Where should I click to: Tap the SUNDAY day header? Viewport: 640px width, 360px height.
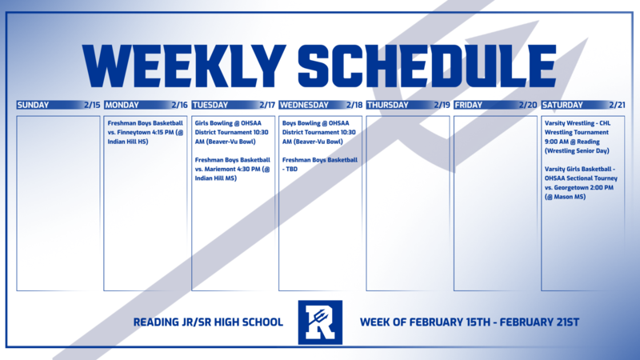tap(33, 105)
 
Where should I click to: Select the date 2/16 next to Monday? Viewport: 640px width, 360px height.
tap(179, 105)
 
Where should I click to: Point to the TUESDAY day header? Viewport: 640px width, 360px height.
tap(210, 105)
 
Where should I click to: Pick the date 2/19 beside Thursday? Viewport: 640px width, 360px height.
tap(442, 105)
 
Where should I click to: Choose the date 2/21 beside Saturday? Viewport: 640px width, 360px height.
tap(616, 105)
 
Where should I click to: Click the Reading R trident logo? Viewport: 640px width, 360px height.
tap(320, 322)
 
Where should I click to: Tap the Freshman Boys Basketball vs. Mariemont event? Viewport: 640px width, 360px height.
tap(233, 169)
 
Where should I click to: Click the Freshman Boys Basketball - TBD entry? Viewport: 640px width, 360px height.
tap(320, 164)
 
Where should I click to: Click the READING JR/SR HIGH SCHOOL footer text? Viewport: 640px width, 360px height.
tap(209, 322)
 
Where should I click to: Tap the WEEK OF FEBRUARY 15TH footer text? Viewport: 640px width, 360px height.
tap(470, 322)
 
